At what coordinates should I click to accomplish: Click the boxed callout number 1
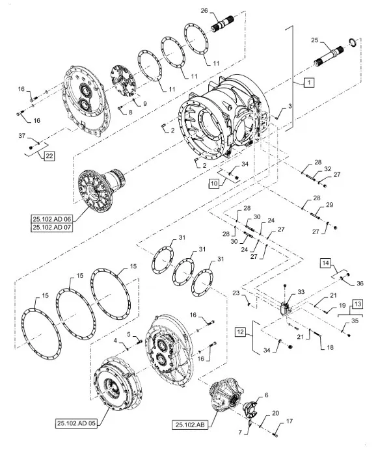[309, 83]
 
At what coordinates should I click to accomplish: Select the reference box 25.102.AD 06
[51, 220]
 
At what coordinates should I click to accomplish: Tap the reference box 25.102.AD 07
[51, 228]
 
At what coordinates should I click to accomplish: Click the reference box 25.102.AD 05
[76, 423]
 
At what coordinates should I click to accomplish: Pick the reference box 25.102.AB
[190, 425]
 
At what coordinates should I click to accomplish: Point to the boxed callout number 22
[49, 156]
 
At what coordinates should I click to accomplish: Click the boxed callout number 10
[214, 183]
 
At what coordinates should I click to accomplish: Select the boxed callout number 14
[326, 263]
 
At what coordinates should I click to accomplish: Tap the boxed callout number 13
[357, 304]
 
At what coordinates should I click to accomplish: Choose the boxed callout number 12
[241, 332]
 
